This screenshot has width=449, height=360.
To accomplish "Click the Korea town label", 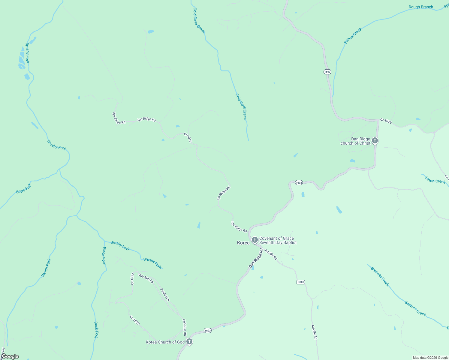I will (x=243, y=243).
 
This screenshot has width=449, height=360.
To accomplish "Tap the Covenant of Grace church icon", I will (x=255, y=240).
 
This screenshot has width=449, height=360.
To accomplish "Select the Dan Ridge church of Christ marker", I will (x=375, y=140).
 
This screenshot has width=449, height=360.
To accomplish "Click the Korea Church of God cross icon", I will (x=189, y=341).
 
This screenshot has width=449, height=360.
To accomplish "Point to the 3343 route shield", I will (x=301, y=282).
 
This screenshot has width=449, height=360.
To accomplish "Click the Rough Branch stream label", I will (x=421, y=7).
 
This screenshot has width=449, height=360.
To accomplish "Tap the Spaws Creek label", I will (x=353, y=36).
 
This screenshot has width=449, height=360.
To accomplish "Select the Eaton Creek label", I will (x=435, y=180).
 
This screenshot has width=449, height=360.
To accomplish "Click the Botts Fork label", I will (x=23, y=188).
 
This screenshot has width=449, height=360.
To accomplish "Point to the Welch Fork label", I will (x=46, y=268).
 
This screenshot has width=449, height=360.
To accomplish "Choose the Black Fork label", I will (x=104, y=256).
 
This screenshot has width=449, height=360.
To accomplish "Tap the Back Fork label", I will (x=96, y=330).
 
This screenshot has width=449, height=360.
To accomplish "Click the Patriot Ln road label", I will (x=165, y=295).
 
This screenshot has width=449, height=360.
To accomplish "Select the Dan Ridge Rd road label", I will (x=256, y=258).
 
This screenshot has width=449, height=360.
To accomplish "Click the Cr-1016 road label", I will (x=188, y=138).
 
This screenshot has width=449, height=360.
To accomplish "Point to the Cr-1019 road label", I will (x=386, y=121).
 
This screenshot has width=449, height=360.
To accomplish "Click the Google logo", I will (x=10, y=356).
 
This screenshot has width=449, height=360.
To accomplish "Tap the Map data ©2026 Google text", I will (x=430, y=358).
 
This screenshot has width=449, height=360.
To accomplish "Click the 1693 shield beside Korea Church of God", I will (x=208, y=330).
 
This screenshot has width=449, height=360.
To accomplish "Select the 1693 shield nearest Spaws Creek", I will (x=327, y=72).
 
